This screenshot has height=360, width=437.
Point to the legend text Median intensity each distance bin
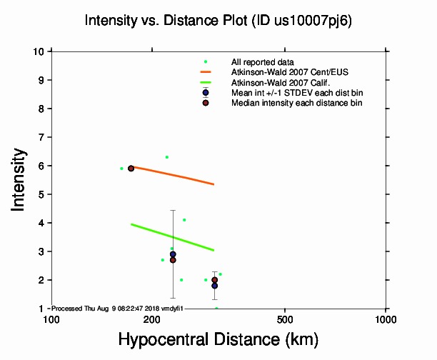pos(296,103)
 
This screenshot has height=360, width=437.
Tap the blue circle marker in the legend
pos(206,93)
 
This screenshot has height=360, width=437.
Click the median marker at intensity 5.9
pos(131,169)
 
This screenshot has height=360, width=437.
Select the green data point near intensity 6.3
pos(167,157)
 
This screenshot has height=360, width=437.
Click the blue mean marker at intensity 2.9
pos(173,254)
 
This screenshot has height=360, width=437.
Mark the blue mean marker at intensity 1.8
pos(214,286)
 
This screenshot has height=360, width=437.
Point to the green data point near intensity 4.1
pos(184,220)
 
